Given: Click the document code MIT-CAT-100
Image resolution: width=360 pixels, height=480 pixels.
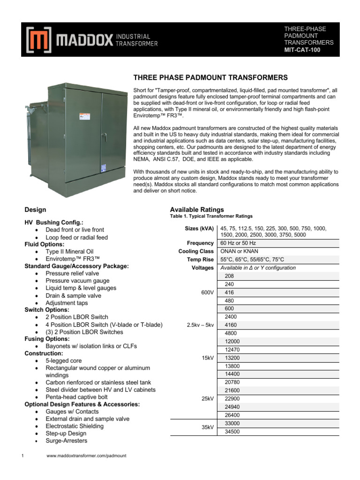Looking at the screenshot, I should click(x=302, y=50).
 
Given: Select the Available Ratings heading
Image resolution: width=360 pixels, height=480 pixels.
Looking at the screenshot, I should click(x=197, y=210).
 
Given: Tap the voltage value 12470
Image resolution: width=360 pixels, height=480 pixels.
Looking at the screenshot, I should click(x=232, y=350).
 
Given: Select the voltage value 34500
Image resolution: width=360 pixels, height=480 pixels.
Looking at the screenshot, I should click(x=232, y=431).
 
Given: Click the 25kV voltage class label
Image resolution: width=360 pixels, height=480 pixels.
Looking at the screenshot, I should click(x=207, y=398).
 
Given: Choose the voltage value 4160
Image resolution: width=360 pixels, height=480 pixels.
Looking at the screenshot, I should click(x=231, y=325).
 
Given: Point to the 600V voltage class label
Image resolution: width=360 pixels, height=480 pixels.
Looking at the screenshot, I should click(x=207, y=292).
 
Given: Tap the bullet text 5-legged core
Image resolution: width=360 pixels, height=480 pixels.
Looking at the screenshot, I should click(x=63, y=361).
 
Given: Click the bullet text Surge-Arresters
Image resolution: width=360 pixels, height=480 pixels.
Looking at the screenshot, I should click(x=66, y=441).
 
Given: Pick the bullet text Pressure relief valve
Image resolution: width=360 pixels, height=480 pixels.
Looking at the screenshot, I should click(x=72, y=273).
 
